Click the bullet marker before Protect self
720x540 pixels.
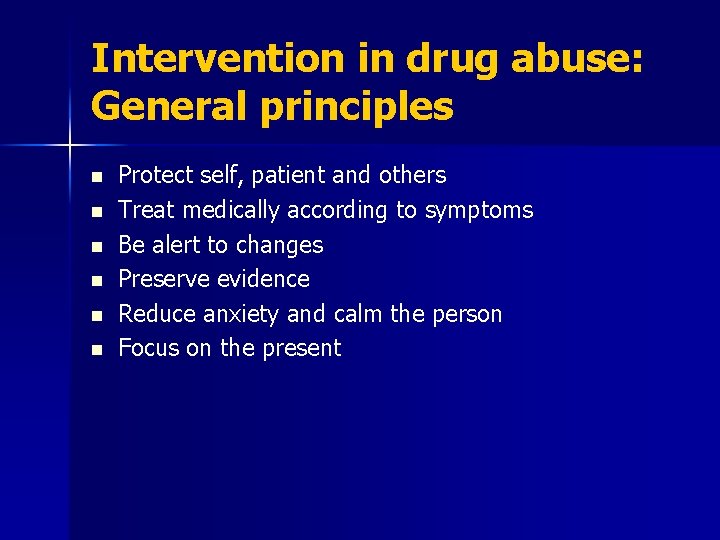click(x=96, y=177)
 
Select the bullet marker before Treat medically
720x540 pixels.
click(x=96, y=211)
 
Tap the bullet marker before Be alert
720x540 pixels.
click(x=96, y=246)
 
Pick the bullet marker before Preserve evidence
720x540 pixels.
click(x=96, y=280)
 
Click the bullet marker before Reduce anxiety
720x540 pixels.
click(x=96, y=315)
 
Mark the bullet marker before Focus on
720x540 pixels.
click(x=96, y=350)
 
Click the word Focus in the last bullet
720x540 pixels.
click(x=147, y=348)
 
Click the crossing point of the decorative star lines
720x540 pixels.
click(x=70, y=146)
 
